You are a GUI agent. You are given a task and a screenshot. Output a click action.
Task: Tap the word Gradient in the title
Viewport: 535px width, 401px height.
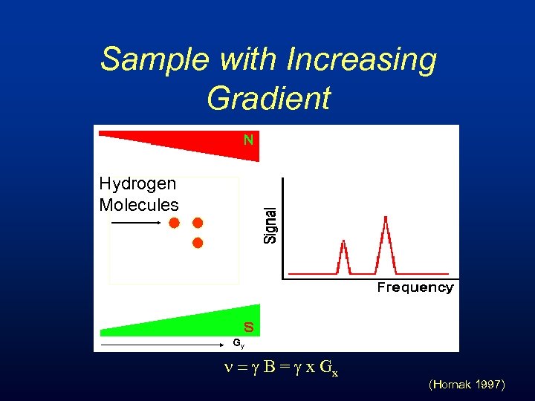click(x=268, y=97)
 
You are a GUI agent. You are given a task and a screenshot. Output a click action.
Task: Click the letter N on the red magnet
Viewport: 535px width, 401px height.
click(x=249, y=139)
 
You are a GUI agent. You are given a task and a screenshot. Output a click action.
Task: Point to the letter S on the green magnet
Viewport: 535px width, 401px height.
click(x=248, y=327)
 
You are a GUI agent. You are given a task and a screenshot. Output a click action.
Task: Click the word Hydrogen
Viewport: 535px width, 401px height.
click(x=137, y=183)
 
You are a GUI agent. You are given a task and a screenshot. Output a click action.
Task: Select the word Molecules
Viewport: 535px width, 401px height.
click(x=139, y=205)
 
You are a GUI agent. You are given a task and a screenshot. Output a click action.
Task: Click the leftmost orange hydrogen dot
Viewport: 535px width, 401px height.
click(x=174, y=223)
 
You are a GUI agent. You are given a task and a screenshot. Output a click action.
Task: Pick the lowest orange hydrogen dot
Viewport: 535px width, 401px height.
click(x=198, y=243)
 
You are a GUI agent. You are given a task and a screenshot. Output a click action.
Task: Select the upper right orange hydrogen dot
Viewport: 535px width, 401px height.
click(x=198, y=223)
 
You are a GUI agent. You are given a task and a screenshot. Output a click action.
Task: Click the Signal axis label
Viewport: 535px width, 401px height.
click(x=271, y=224)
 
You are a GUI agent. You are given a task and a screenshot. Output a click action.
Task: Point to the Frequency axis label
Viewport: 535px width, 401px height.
click(x=415, y=287)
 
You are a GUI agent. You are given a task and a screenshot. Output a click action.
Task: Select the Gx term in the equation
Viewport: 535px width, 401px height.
click(x=329, y=369)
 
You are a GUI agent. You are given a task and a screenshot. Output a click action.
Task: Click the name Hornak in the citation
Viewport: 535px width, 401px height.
click(x=450, y=385)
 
